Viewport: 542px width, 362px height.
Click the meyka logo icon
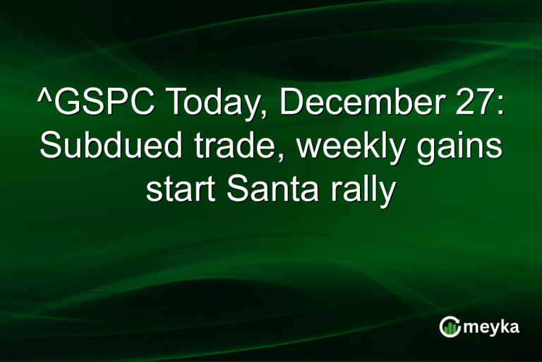click(x=449, y=326)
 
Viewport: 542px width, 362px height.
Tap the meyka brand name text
click(x=493, y=327)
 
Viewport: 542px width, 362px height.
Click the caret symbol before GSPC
click(x=43, y=96)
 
